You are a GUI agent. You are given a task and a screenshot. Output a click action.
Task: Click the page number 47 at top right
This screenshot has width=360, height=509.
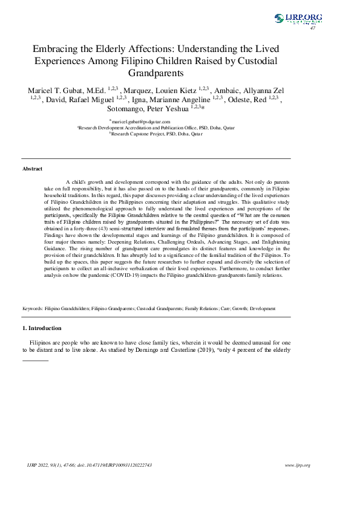pyautogui.click(x=313, y=28)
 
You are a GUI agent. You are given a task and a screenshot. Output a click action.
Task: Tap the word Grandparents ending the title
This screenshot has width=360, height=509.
pyautogui.click(x=157, y=73)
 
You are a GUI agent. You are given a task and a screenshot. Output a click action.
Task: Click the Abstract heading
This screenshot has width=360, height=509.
pyautogui.click(x=32, y=169)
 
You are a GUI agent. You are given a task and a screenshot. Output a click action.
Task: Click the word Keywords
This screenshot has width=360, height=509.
pyautogui.click(x=32, y=308)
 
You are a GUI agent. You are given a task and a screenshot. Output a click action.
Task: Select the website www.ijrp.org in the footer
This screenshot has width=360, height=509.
pyautogui.click(x=297, y=465)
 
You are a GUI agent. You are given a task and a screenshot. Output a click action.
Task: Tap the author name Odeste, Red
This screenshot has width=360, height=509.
pyautogui.click(x=244, y=100)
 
